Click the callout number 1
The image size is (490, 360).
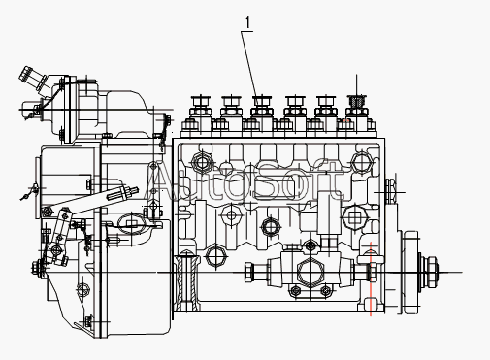pyautogui.click(x=247, y=22)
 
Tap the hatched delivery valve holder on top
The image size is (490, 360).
pyautogui.click(x=356, y=106)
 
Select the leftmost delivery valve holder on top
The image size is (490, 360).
pyautogui.click(x=201, y=106)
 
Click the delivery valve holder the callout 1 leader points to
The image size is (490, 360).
pyautogui.click(x=261, y=106)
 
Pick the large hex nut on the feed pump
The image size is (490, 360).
pyautogui.click(x=310, y=273)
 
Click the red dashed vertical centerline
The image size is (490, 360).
pyautogui.click(x=371, y=278)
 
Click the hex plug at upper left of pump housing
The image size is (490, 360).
pyautogui.click(x=202, y=162)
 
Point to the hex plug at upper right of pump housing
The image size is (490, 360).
pyautogui.click(x=361, y=161)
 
